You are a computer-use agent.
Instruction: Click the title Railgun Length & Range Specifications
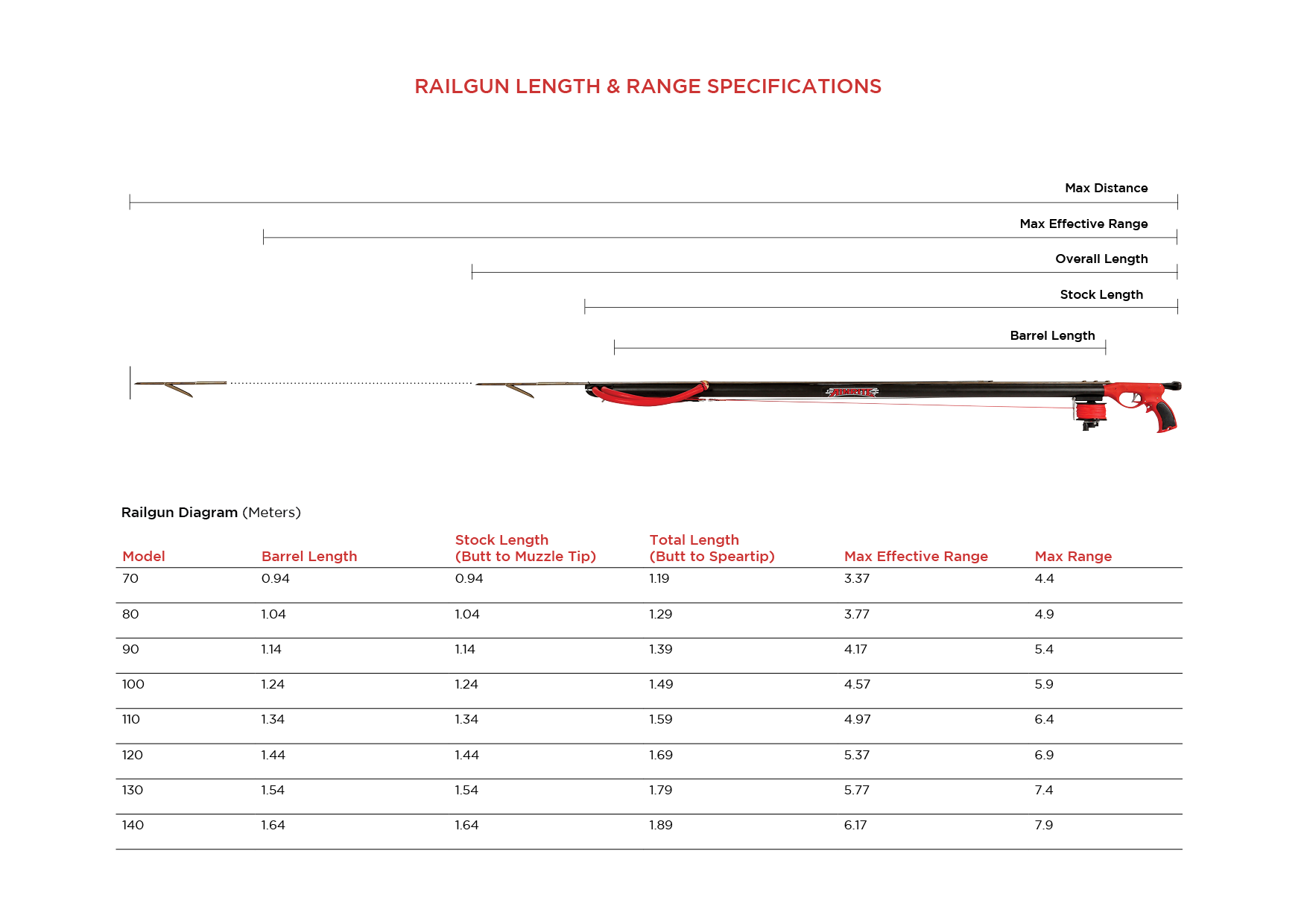(x=648, y=86)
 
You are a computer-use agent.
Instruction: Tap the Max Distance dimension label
(x=1106, y=188)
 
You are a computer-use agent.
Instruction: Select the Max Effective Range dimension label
(x=1083, y=224)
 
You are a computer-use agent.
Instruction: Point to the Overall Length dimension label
(x=1101, y=259)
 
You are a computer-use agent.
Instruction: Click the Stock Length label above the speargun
(x=1101, y=294)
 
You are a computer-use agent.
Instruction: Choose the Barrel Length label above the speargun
(x=1052, y=335)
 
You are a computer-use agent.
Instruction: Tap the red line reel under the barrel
(x=1090, y=411)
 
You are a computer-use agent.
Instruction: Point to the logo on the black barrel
(x=852, y=392)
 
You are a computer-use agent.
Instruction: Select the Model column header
(x=144, y=556)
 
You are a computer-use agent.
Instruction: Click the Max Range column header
(x=1073, y=556)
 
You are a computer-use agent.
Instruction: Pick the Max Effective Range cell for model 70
(x=857, y=578)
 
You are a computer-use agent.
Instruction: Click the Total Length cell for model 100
(x=661, y=684)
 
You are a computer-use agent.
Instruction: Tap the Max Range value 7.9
(x=1044, y=825)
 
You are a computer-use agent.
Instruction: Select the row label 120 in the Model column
(x=133, y=755)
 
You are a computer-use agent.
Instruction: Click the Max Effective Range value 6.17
(x=855, y=825)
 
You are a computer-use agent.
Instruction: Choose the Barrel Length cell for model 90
(x=271, y=649)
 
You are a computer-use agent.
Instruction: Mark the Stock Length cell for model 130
(x=466, y=790)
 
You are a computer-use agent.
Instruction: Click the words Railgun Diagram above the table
(x=180, y=513)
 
